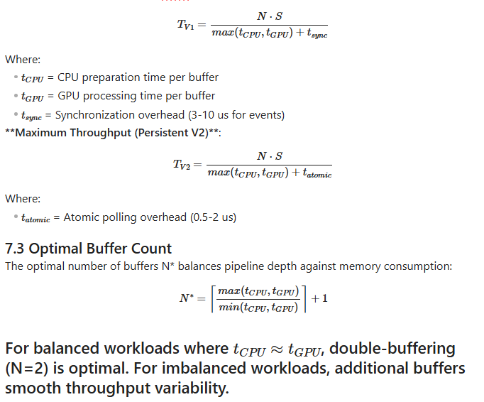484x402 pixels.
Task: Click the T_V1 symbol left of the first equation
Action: coord(185,25)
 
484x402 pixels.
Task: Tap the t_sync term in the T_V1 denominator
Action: coord(317,33)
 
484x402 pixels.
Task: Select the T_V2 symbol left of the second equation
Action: coord(182,165)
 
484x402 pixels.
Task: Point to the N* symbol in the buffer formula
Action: coord(187,298)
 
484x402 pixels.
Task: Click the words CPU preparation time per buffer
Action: coord(138,77)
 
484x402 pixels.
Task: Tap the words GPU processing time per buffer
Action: coord(136,96)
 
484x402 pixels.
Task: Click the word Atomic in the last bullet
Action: coord(81,217)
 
